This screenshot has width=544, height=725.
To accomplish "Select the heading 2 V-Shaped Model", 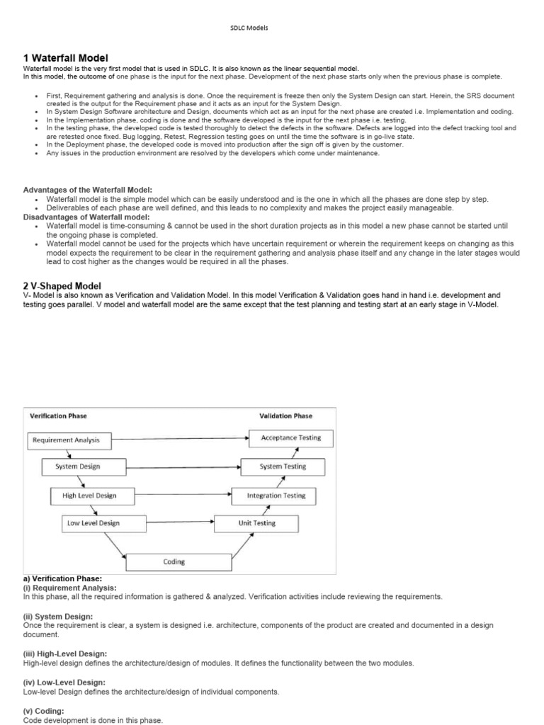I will tap(62, 285).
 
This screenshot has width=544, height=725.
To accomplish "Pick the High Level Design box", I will tap(89, 496).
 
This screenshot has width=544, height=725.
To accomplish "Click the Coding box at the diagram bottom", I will tap(174, 562).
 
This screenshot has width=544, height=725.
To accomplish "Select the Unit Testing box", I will tap(256, 524).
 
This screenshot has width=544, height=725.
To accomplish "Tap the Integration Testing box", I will tap(276, 496).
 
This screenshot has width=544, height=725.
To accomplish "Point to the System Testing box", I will tap(283, 467).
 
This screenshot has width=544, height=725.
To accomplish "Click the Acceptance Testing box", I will tap(290, 438).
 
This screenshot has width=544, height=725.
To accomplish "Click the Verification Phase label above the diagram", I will tap(57, 416).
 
